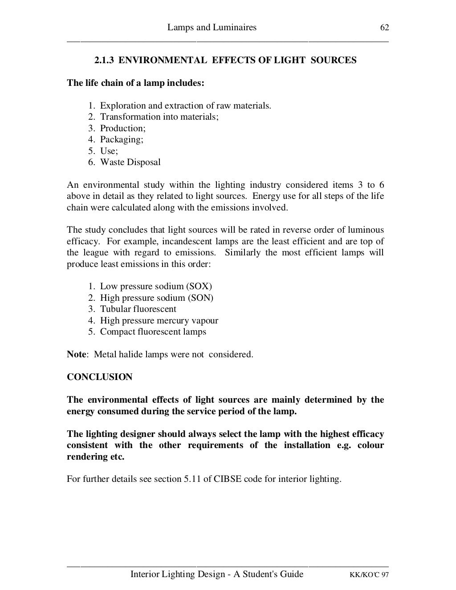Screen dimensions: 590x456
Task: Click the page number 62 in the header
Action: [x=385, y=28]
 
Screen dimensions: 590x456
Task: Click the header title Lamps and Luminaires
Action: [x=212, y=28]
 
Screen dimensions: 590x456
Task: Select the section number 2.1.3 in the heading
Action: [x=105, y=60]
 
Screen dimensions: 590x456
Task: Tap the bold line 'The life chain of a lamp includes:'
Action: [x=135, y=83]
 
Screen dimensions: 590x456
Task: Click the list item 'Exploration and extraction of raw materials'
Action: [x=185, y=106]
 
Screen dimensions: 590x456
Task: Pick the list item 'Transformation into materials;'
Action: [x=159, y=117]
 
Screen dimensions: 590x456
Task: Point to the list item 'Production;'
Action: [x=123, y=129]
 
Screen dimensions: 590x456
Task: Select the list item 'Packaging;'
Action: [x=122, y=140]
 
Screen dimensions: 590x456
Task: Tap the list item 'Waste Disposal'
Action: [x=130, y=162]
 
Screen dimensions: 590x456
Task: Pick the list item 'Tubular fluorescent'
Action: [x=138, y=309]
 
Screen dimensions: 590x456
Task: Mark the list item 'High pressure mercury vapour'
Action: [x=159, y=321]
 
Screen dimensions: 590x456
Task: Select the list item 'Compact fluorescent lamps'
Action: [x=153, y=332]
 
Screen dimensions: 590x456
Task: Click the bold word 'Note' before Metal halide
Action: [x=76, y=355]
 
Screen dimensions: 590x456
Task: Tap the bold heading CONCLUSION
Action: [x=100, y=377]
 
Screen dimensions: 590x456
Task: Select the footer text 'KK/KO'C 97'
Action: [x=369, y=575]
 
